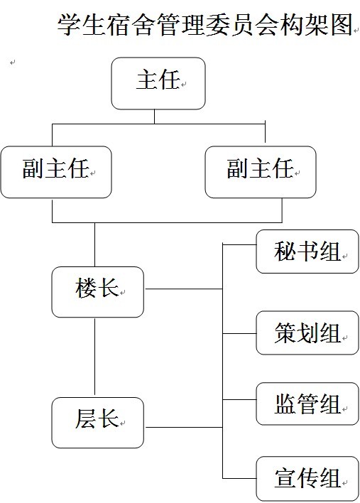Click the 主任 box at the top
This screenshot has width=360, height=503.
click(x=158, y=83)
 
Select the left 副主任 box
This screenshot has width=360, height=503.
click(x=56, y=172)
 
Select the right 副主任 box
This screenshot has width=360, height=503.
click(x=261, y=172)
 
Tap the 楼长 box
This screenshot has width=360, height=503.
click(x=98, y=292)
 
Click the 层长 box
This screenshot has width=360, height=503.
click(x=98, y=423)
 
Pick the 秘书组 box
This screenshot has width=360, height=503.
click(x=307, y=251)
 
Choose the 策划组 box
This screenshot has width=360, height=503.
click(x=307, y=332)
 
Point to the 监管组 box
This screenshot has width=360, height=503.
click(x=307, y=404)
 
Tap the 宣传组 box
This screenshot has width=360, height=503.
click(x=307, y=478)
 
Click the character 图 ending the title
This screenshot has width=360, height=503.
click(x=342, y=25)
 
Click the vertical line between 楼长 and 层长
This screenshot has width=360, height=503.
click(x=95, y=357)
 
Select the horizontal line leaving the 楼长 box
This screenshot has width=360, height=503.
click(x=184, y=289)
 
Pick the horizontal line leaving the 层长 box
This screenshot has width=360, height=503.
click(x=184, y=427)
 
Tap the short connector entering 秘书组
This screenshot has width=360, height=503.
click(x=239, y=245)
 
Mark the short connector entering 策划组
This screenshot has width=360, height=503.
click(x=239, y=334)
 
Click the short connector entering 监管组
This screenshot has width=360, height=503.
click(x=239, y=399)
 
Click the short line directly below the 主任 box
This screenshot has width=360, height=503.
click(x=155, y=117)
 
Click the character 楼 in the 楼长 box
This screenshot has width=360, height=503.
click(x=86, y=288)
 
